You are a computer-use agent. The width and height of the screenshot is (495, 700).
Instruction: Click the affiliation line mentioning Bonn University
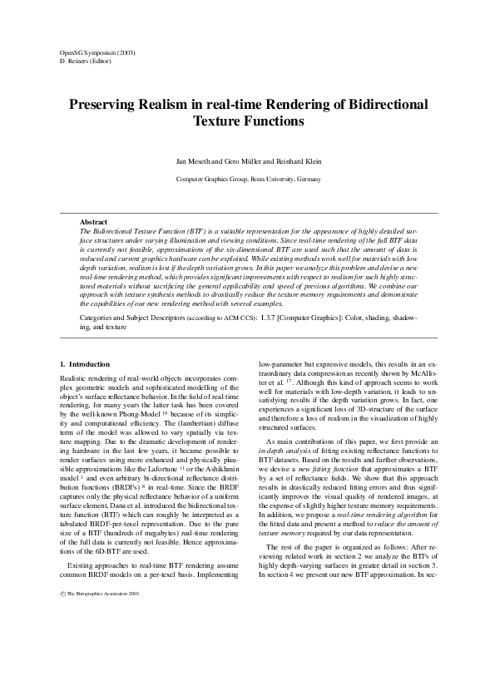pos(247,179)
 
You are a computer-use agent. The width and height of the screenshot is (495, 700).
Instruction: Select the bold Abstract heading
pos(93,222)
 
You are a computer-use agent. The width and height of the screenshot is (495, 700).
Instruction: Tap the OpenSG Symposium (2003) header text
pos(98,52)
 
